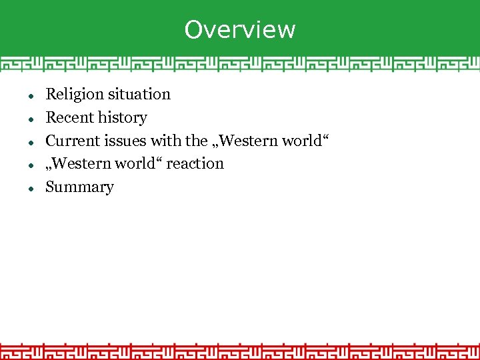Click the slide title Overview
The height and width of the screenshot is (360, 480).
(240, 29)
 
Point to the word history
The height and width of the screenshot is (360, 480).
(122, 118)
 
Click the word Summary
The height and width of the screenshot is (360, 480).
(79, 187)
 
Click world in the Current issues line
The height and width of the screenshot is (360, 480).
(304, 141)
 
